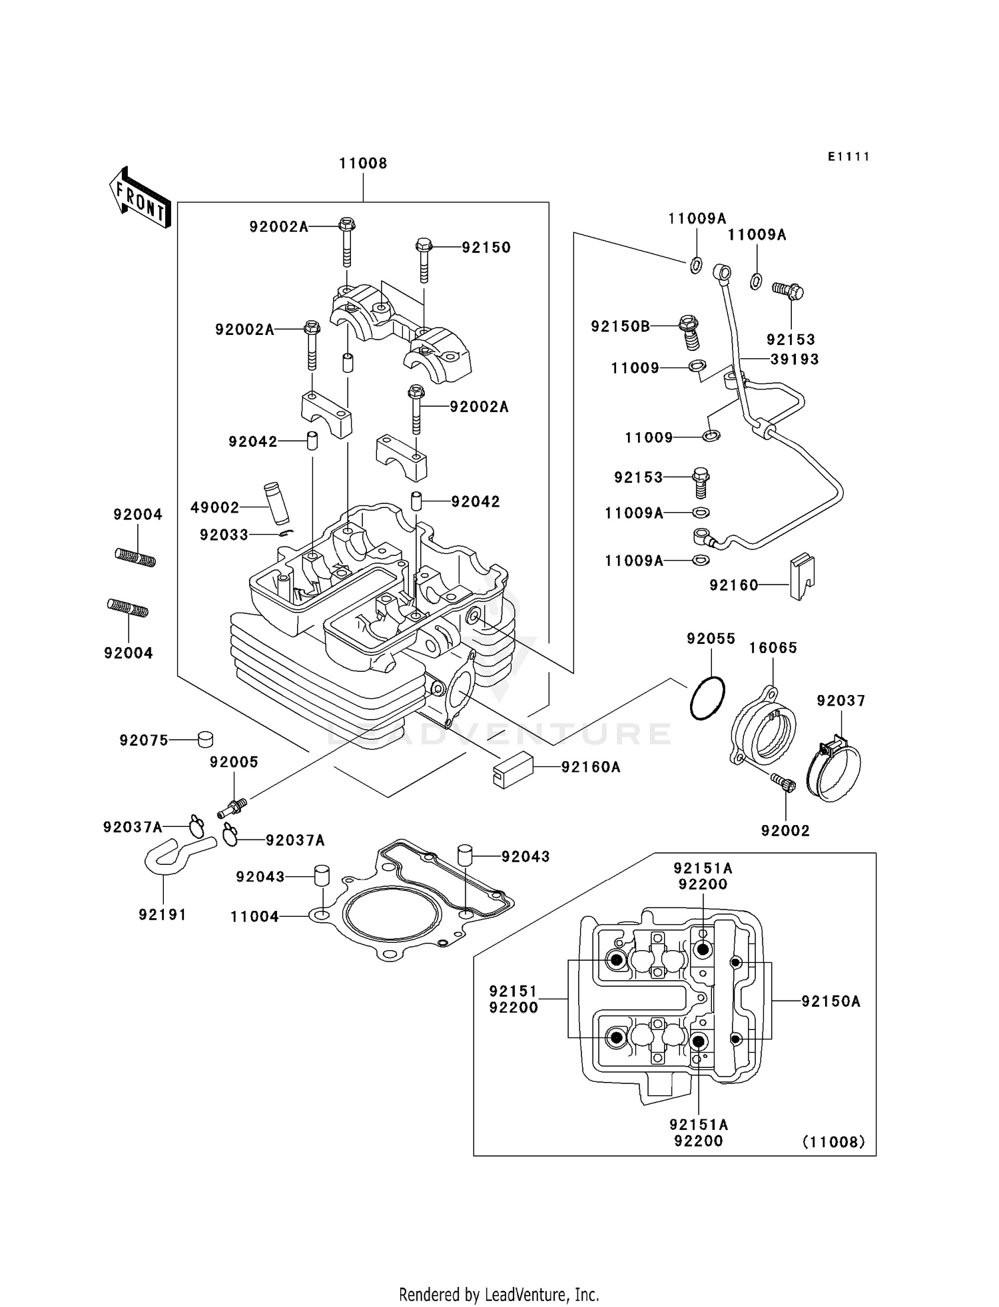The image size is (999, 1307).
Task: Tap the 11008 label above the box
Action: click(363, 164)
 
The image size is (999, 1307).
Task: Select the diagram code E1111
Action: click(849, 157)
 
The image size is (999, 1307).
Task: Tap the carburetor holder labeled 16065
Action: click(763, 732)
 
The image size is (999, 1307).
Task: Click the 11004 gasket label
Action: click(254, 917)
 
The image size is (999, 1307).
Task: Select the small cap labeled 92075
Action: click(206, 739)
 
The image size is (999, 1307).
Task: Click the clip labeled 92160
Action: click(802, 576)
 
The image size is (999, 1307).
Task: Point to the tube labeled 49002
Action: click(274, 505)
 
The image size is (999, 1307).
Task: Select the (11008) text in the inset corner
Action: click(833, 1142)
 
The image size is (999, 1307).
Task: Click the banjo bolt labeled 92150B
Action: click(689, 331)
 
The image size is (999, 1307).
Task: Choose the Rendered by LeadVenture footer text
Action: click(499, 1294)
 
